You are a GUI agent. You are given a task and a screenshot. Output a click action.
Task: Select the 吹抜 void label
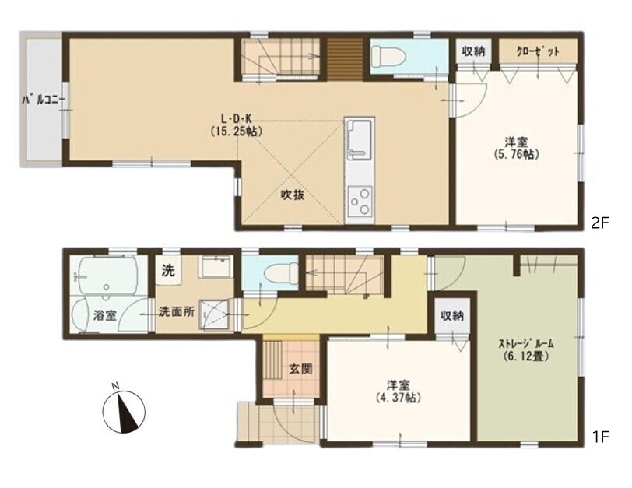[x=292, y=195]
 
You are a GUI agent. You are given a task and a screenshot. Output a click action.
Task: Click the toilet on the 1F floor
[x=277, y=275]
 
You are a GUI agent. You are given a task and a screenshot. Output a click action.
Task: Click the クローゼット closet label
[x=538, y=51]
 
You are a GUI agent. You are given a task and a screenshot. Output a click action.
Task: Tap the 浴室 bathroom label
[x=104, y=318]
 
